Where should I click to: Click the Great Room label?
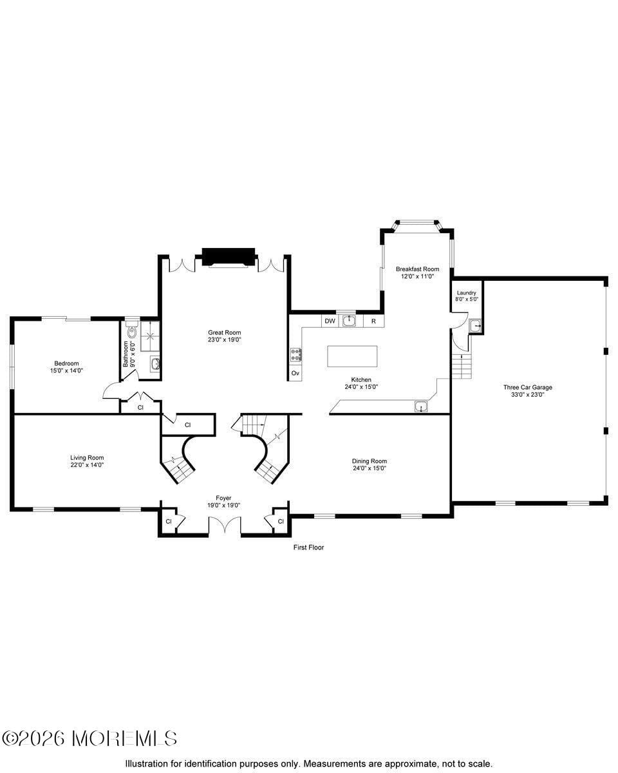(224, 336)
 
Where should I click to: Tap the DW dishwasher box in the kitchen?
(330, 321)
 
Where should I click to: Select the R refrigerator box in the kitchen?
(373, 321)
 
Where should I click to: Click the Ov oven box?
(295, 373)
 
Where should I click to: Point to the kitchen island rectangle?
(352, 356)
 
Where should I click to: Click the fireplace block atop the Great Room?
(229, 256)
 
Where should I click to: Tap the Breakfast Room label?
(417, 272)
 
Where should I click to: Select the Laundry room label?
(467, 296)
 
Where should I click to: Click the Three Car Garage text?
(527, 391)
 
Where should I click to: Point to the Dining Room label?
(370, 464)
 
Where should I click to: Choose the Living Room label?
(87, 461)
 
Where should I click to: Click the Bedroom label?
(66, 367)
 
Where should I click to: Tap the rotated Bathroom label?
(126, 354)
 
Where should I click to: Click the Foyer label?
(223, 502)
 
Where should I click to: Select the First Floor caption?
(308, 548)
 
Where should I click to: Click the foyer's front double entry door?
(224, 526)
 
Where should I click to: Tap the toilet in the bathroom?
(132, 332)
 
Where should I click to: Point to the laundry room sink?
(475, 326)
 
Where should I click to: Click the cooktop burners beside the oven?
(296, 354)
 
